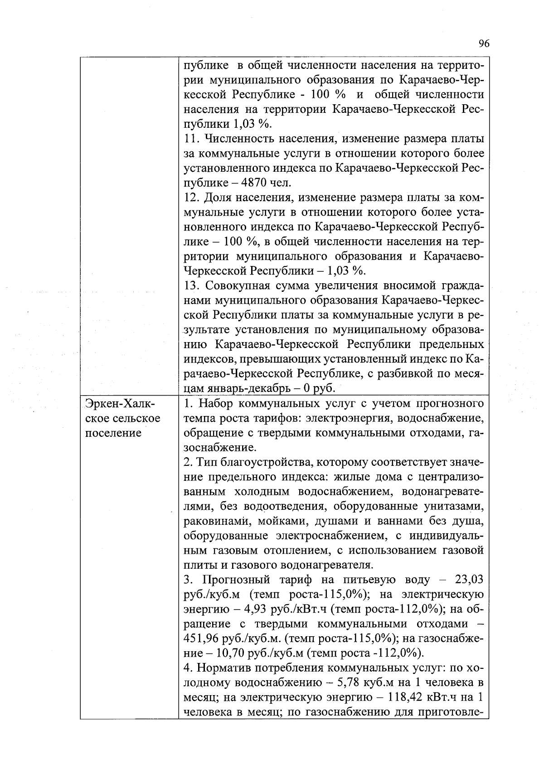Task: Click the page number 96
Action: tap(484, 44)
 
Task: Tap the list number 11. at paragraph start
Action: tap(192, 139)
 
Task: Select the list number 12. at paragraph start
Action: tap(192, 198)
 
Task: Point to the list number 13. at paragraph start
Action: tap(192, 286)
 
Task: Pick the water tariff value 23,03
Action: tap(469, 580)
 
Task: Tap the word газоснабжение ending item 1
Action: tap(220, 448)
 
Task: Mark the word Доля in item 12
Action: tap(215, 198)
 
